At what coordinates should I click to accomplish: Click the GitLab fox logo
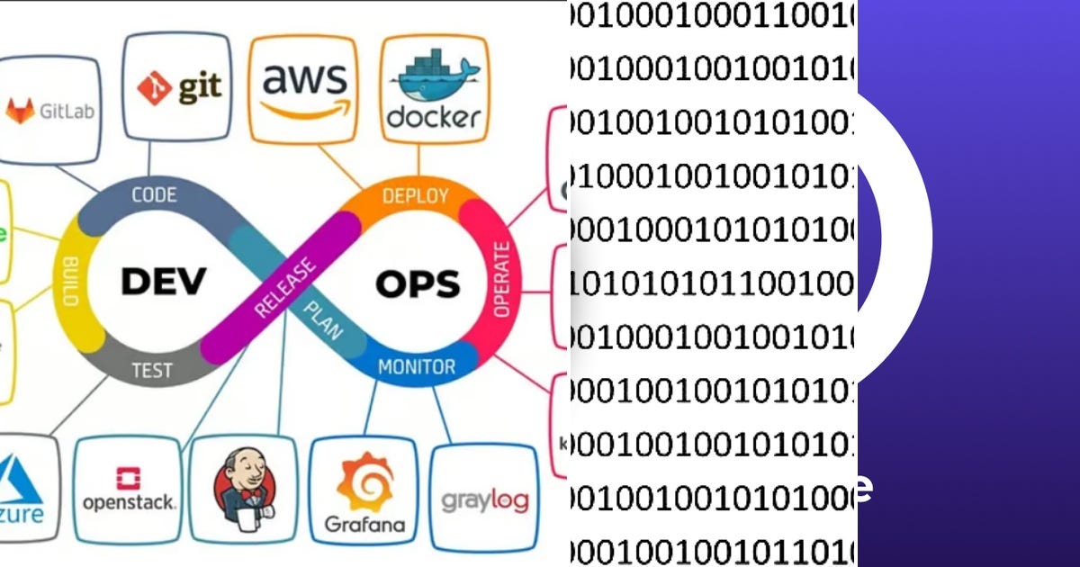21,111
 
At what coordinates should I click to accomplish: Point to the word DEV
164,281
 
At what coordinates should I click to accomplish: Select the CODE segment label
154,195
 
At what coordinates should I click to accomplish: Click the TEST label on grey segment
152,370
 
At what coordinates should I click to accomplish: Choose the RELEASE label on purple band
285,288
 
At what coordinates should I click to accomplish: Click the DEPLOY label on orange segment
416,196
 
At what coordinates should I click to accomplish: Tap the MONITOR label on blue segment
416,367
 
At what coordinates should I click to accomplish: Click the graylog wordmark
484,499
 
